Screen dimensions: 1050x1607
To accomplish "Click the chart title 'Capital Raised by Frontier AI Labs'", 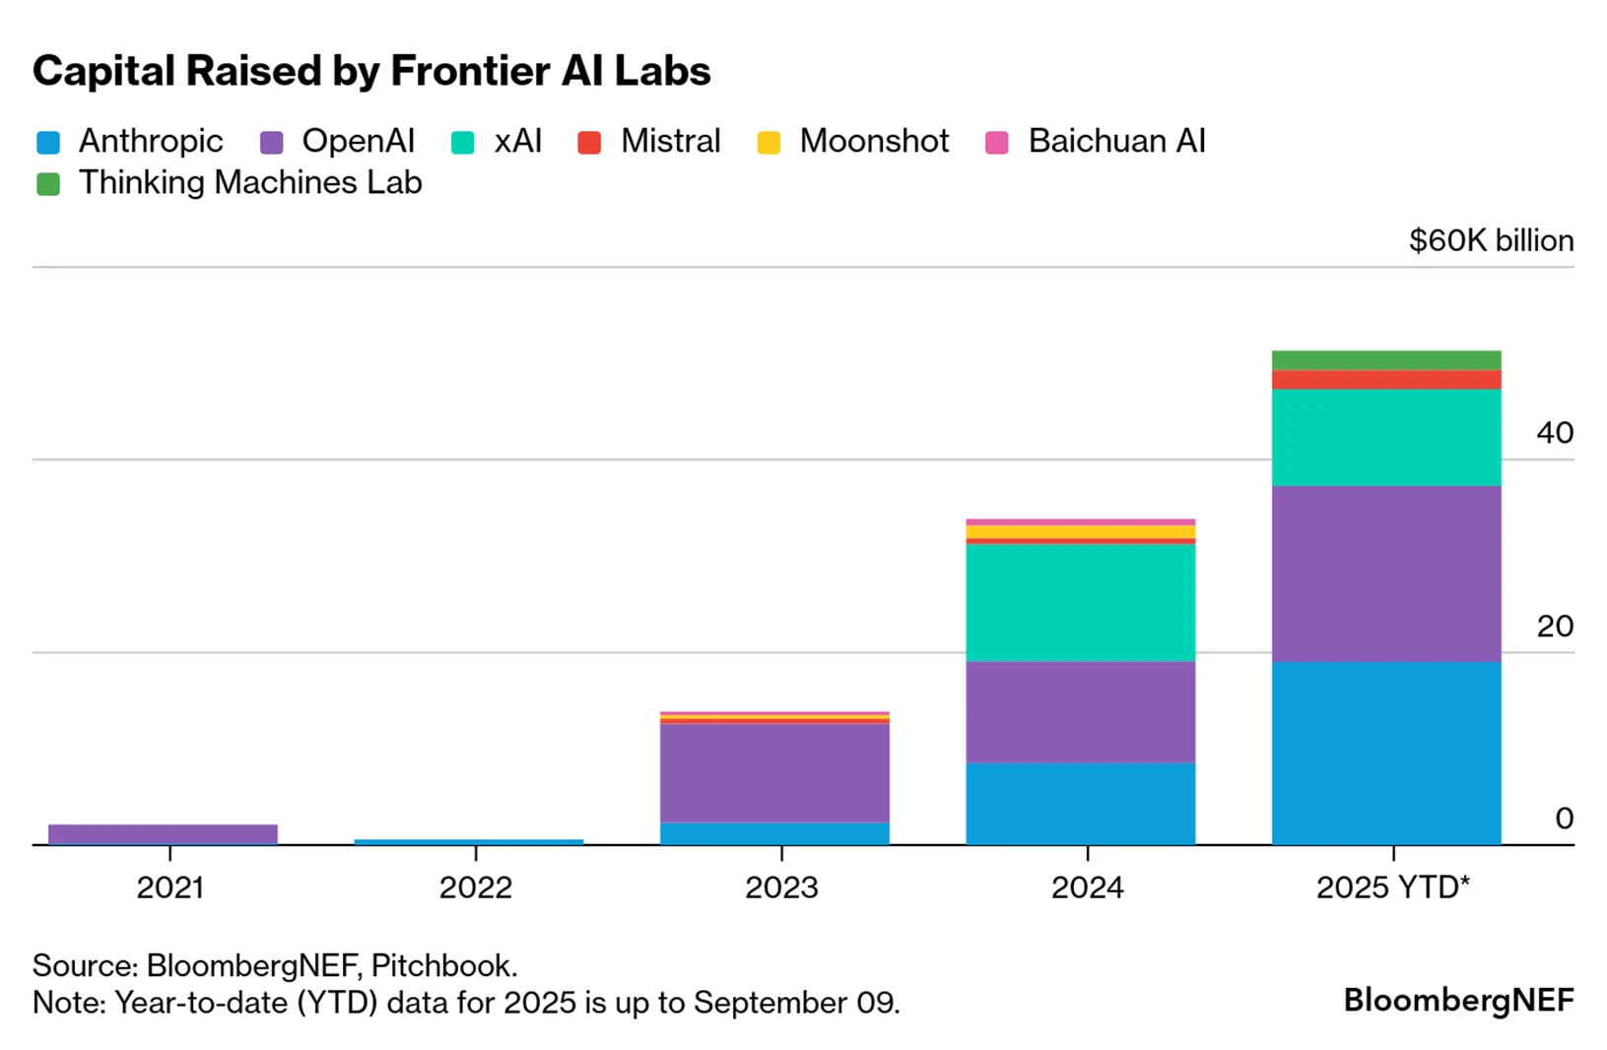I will tap(371, 71).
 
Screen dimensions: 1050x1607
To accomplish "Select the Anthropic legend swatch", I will tap(48, 143).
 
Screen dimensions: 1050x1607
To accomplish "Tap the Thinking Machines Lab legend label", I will tap(250, 183).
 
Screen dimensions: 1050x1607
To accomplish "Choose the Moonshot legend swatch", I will tap(769, 143).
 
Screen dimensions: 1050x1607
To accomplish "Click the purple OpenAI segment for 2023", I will tap(774, 772).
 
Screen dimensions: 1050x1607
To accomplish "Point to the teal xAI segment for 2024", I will tap(1080, 602).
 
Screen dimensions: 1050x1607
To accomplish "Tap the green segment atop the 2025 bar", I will tap(1386, 360).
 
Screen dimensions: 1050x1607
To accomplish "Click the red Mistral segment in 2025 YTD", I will tap(1386, 379).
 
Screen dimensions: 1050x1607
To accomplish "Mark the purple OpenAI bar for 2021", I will tap(163, 833).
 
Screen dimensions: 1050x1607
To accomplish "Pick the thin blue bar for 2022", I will tap(468, 841).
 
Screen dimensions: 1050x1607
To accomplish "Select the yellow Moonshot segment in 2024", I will tap(1080, 532).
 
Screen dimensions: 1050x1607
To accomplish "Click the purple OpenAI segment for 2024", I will tap(1080, 711).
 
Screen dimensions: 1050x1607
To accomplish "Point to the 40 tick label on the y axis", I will tap(1554, 432).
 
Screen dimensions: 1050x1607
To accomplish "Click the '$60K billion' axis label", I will tap(1491, 240).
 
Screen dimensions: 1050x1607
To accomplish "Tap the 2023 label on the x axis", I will tap(781, 887).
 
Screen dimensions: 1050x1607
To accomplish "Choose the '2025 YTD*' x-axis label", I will tap(1392, 887).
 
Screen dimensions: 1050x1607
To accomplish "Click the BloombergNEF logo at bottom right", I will tap(1458, 1000).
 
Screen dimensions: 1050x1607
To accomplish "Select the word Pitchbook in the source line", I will tap(443, 965).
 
